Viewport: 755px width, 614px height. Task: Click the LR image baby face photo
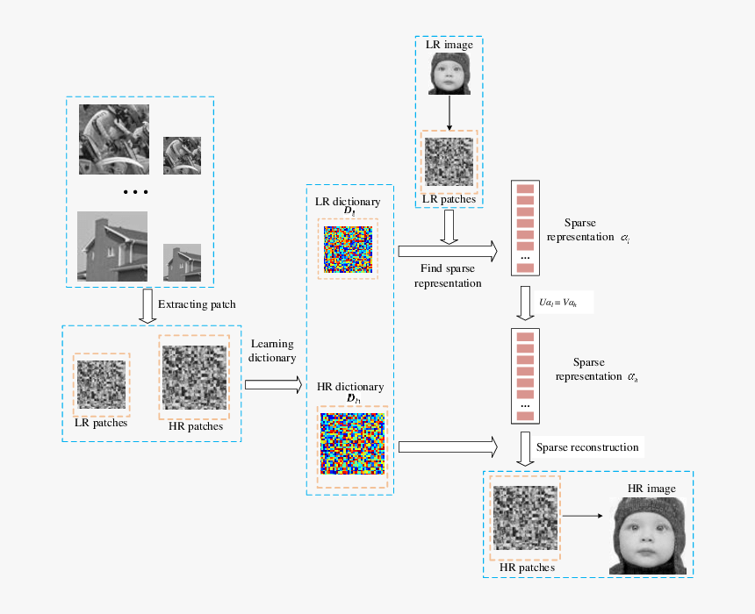point(449,74)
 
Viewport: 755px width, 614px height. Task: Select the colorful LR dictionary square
point(349,248)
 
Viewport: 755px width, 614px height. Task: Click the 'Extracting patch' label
point(197,305)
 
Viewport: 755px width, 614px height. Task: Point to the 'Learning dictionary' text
point(271,350)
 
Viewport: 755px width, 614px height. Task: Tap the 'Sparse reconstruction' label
point(587,447)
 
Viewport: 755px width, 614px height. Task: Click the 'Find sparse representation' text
point(448,275)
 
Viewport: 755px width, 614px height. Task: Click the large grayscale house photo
point(111,245)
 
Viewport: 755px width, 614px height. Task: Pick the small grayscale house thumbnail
point(183,262)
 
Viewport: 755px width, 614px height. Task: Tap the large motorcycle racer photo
point(112,140)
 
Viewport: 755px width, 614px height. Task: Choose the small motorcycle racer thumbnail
point(183,154)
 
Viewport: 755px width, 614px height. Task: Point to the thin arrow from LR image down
point(449,111)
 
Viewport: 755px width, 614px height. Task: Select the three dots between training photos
point(136,192)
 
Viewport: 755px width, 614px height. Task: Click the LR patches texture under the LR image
point(449,162)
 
